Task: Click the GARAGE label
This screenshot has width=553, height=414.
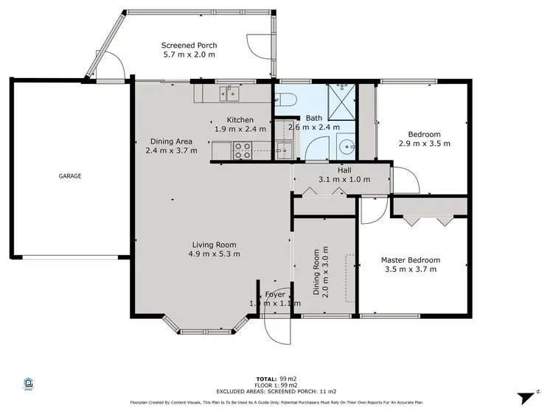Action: click(70, 176)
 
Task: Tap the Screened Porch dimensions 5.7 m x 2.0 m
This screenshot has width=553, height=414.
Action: click(189, 55)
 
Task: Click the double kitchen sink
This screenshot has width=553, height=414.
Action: click(229, 94)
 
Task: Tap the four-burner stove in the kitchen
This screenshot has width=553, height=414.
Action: click(243, 150)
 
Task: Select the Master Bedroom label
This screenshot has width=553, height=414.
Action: click(410, 260)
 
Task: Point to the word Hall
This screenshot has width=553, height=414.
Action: click(344, 170)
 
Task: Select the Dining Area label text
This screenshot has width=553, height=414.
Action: click(171, 141)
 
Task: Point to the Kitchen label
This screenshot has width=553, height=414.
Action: click(240, 119)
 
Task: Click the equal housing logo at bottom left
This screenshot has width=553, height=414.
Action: click(29, 384)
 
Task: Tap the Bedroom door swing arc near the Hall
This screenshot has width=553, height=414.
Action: click(404, 179)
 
